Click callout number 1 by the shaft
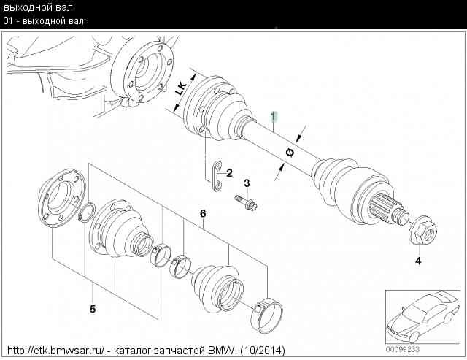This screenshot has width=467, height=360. pos(274,117)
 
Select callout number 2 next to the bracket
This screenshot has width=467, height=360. pos(229,173)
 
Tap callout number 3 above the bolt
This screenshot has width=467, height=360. pos(247,183)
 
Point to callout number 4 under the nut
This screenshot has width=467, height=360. pos(418,261)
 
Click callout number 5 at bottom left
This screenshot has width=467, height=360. pos(93,309)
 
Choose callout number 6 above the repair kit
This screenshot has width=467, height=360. pos(203,214)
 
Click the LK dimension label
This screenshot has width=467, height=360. pos(181,88)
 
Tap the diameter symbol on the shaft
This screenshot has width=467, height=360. pos(290,153)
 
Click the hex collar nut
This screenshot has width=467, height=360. pos(422,230)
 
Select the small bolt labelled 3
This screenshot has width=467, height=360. pos(246,202)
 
